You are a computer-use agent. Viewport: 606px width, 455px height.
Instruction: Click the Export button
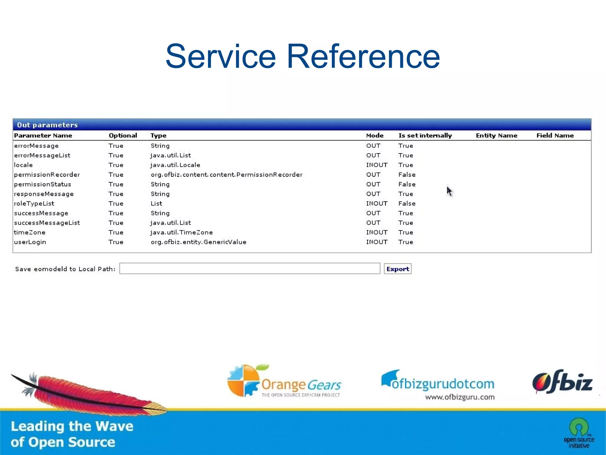click(397, 269)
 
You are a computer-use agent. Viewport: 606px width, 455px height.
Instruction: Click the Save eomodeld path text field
click(249, 269)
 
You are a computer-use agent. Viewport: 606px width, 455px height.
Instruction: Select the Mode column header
click(375, 135)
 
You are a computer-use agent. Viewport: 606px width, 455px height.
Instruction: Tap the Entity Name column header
click(497, 135)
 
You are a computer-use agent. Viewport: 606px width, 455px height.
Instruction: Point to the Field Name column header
click(555, 135)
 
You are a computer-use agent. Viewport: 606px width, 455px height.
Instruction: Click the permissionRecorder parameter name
click(47, 175)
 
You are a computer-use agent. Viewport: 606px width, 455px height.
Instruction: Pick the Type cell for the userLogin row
click(198, 242)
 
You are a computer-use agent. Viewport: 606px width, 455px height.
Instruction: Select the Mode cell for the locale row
click(377, 165)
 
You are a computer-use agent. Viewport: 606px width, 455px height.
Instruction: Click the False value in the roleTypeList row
click(407, 203)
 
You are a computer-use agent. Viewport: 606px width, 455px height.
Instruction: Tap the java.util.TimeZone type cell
click(181, 232)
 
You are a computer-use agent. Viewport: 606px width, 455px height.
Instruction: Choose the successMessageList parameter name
click(47, 223)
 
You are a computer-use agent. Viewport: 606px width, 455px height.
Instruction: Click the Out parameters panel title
click(47, 125)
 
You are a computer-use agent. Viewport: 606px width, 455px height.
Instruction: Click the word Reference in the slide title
click(363, 56)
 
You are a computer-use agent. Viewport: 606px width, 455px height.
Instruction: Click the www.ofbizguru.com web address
click(460, 397)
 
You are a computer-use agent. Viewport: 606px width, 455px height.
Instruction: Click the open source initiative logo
click(579, 433)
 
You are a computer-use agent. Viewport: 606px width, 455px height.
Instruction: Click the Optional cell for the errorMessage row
click(116, 146)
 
